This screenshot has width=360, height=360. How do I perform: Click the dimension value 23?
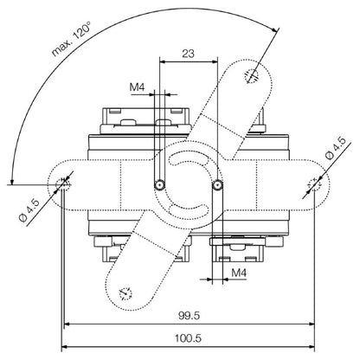click(188, 54)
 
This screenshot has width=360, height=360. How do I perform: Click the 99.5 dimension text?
click(189, 316)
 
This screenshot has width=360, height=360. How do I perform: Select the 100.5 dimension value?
click(188, 338)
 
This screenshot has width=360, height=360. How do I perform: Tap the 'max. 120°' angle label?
click(71, 39)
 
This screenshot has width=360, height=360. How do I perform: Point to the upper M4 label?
click(137, 87)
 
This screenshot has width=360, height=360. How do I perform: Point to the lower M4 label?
click(239, 272)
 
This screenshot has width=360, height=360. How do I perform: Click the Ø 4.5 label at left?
click(29, 210)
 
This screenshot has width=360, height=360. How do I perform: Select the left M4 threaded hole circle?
click(159, 184)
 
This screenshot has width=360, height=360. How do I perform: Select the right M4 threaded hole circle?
click(217, 184)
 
